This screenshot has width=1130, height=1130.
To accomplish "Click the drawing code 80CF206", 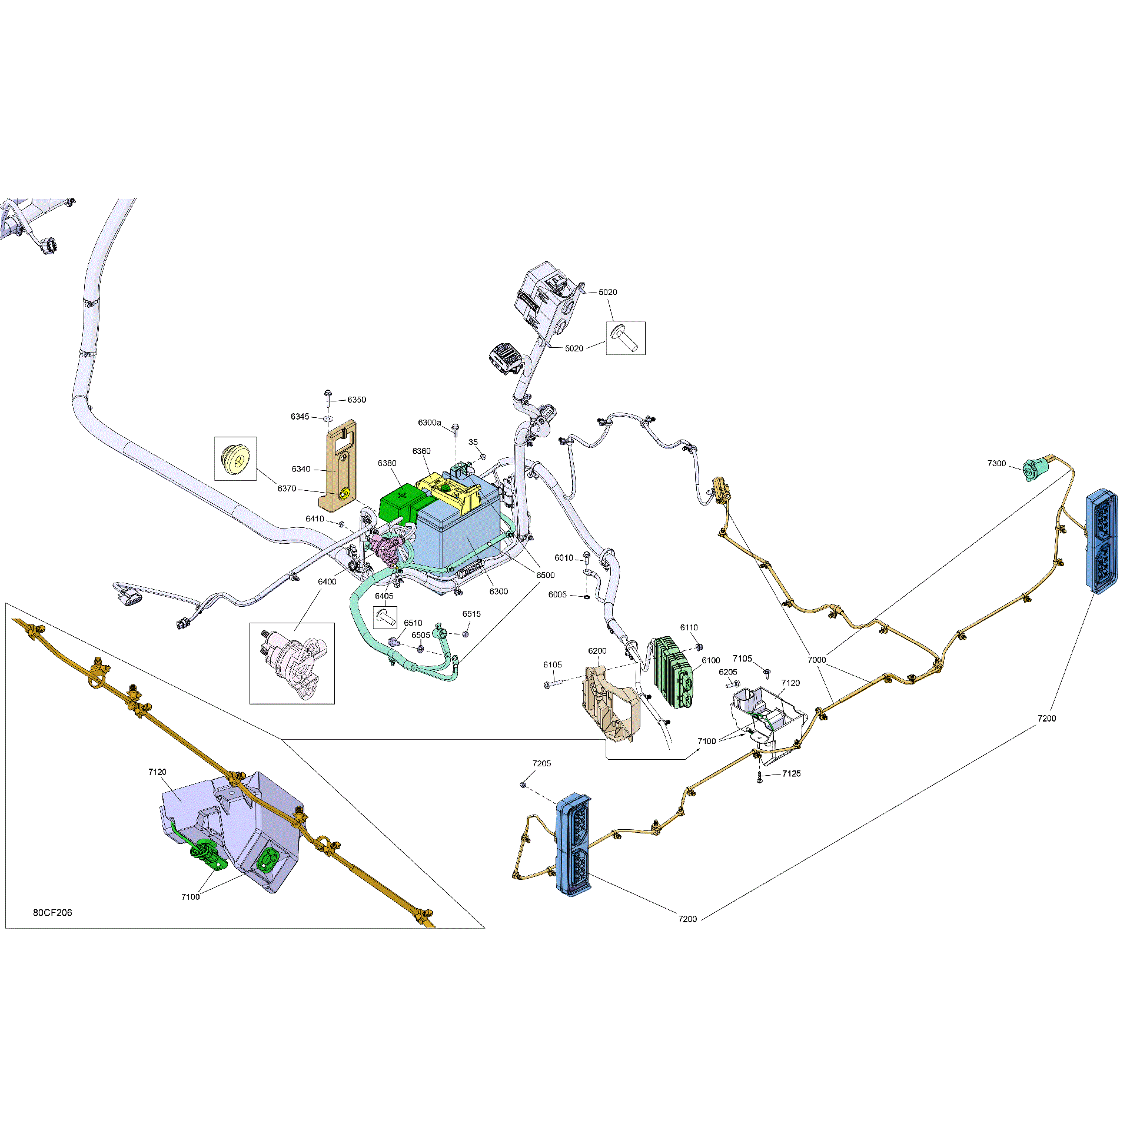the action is pyautogui.click(x=52, y=912).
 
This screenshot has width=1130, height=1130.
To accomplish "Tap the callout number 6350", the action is pyautogui.click(x=357, y=400).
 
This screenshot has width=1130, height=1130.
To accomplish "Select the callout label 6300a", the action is pyautogui.click(x=430, y=423).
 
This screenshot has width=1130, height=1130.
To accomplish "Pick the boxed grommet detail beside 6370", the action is pyautogui.click(x=235, y=458).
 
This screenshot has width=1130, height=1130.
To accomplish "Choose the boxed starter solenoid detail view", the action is pyautogui.click(x=292, y=663).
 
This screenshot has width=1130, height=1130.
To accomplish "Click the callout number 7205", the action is pyautogui.click(x=541, y=763).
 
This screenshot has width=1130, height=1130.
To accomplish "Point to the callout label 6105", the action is pyautogui.click(x=552, y=664).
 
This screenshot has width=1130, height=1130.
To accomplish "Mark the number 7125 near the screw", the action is pyautogui.click(x=792, y=773).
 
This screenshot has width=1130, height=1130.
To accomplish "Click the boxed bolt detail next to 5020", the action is pyautogui.click(x=626, y=338).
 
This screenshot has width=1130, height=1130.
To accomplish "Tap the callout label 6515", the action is pyautogui.click(x=471, y=614).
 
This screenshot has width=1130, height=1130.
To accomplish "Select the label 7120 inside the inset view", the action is pyautogui.click(x=157, y=772).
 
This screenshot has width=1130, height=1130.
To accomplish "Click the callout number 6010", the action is pyautogui.click(x=563, y=558).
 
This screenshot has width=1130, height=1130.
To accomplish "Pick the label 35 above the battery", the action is pyautogui.click(x=473, y=442).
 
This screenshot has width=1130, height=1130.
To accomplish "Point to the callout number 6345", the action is pyautogui.click(x=300, y=417).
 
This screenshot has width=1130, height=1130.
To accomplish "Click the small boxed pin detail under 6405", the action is pyautogui.click(x=385, y=617).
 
